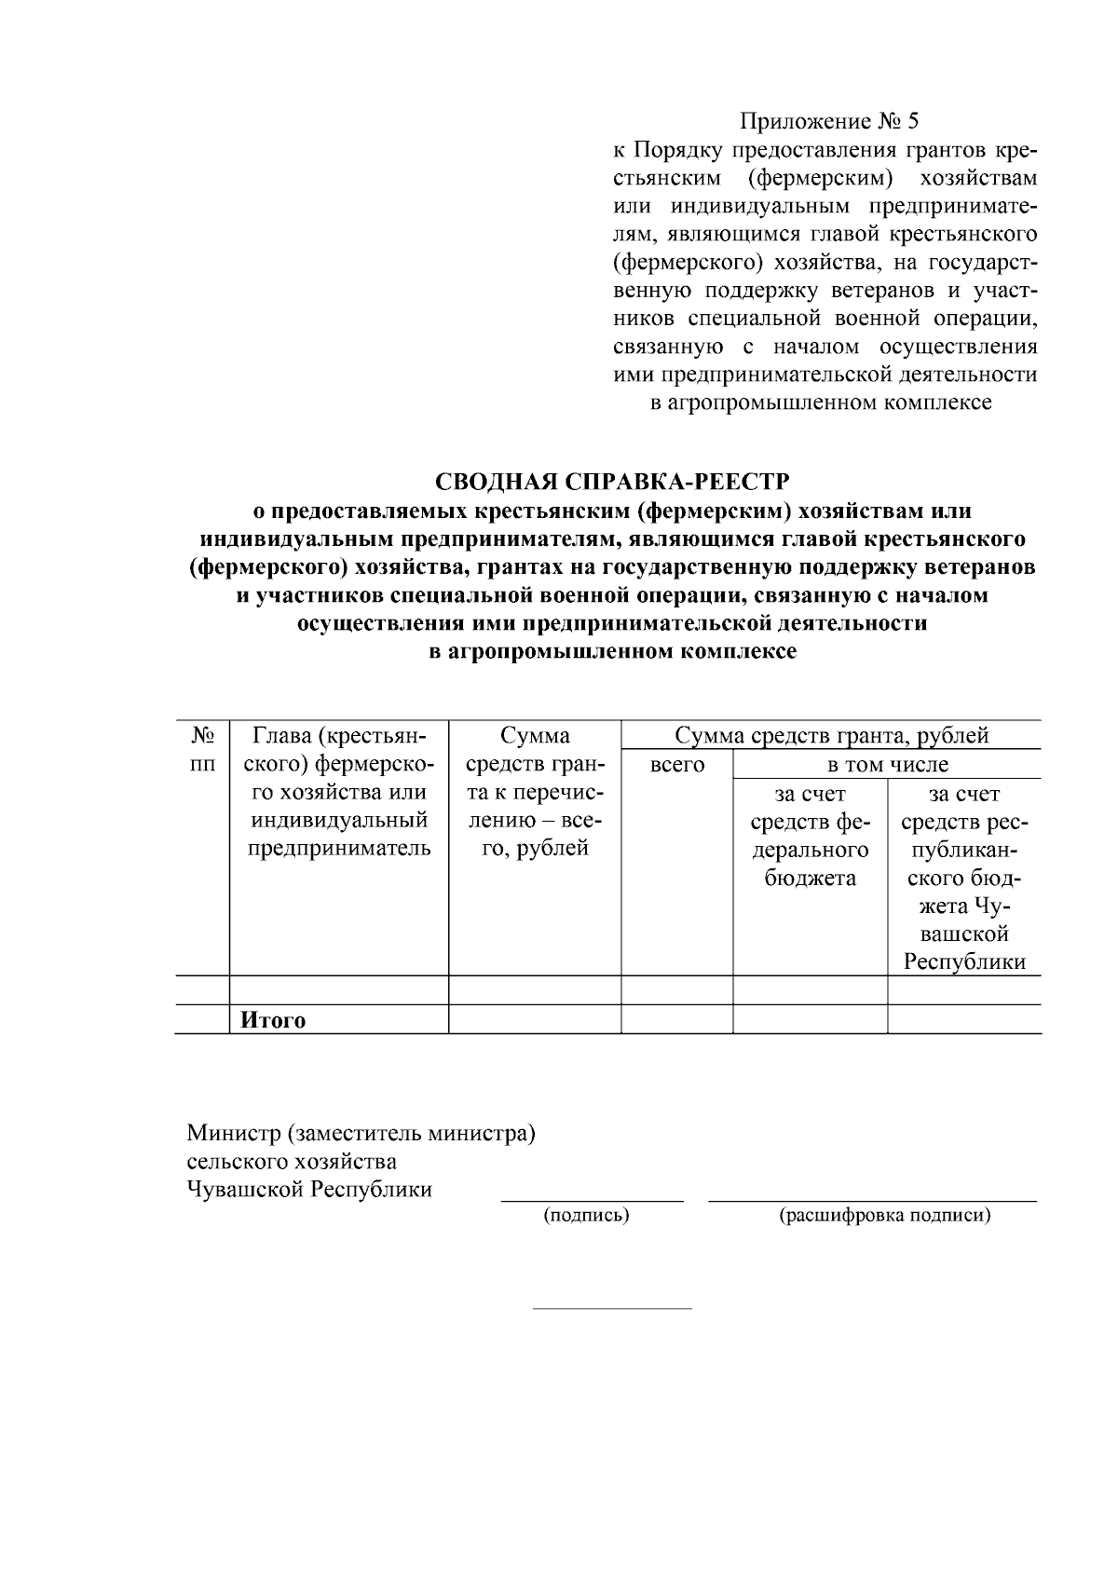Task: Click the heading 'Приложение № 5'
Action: [828, 121]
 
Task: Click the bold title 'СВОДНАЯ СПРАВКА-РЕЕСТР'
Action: [612, 482]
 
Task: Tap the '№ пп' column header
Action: [202, 750]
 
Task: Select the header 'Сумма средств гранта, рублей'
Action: [831, 736]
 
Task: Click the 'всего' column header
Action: [676, 766]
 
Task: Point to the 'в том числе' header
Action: [887, 766]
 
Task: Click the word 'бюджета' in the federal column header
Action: [810, 878]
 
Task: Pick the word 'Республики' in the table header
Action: [964, 962]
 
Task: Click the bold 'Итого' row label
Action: [273, 1020]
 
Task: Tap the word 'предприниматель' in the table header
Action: [339, 849]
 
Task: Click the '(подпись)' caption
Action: [586, 1215]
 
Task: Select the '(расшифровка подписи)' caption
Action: [884, 1215]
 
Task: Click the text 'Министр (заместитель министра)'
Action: [361, 1134]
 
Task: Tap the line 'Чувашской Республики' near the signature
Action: [309, 1190]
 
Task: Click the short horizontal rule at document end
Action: [612, 1308]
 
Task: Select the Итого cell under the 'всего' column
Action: [676, 1020]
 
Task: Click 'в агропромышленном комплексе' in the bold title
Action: [612, 652]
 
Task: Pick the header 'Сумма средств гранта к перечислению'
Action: [535, 792]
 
